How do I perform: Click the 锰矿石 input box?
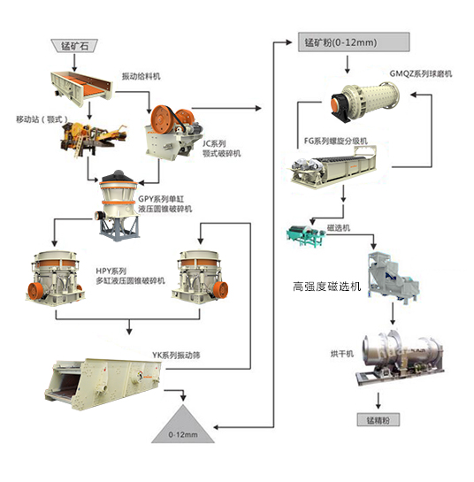pos(74,45)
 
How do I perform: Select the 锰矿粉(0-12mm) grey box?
pos(354,42)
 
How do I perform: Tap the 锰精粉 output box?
pos(378,419)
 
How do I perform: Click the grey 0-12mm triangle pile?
pos(183,425)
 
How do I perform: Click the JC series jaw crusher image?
pos(173,132)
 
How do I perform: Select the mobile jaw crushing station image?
pos(93,139)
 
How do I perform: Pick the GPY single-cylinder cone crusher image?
pos(119,205)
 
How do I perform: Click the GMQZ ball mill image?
pos(365,102)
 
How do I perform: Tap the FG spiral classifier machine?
pos(334,167)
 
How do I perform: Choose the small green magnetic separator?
pos(306,236)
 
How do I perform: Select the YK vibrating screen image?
pos(103,383)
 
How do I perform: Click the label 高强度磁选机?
pos(326,287)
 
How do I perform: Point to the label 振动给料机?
pos(141,76)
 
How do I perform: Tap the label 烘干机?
pos(342,354)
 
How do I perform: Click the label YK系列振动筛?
pos(176,356)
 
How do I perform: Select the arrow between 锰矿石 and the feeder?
pos(74,63)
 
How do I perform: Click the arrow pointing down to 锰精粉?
pos(378,401)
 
